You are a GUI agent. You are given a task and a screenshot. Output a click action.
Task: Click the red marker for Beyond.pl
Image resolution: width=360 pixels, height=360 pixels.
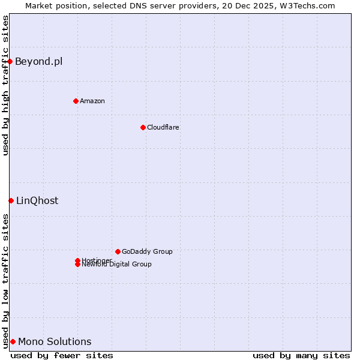pyautogui.click(x=10, y=61)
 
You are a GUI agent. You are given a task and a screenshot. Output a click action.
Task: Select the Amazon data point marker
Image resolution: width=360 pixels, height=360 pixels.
pyautogui.click(x=76, y=101)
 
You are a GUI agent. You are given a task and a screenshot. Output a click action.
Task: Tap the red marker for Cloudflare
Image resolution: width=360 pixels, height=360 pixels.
pyautogui.click(x=143, y=127)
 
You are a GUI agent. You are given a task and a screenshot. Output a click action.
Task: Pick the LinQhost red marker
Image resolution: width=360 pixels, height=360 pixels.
pyautogui.click(x=11, y=200)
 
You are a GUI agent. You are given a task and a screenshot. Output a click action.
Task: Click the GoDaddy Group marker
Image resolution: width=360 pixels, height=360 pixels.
pyautogui.click(x=118, y=251)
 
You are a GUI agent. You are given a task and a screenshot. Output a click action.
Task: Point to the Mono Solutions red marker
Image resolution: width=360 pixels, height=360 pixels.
pyautogui.click(x=13, y=341)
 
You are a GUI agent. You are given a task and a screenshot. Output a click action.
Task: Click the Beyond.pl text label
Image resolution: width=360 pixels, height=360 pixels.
pyautogui.click(x=38, y=61)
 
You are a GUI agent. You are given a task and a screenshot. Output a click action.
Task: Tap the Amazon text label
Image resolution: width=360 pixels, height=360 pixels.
pyautogui.click(x=92, y=101)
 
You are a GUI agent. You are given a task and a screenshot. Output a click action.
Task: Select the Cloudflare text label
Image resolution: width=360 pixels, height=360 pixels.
pyautogui.click(x=163, y=127)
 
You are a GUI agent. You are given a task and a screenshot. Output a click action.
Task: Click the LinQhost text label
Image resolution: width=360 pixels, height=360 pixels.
pyautogui.click(x=37, y=200)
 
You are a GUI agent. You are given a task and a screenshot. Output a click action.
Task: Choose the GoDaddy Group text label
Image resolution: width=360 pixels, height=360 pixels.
pyautogui.click(x=147, y=251)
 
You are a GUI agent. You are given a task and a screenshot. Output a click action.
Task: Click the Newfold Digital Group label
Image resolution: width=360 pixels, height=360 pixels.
pyautogui.click(x=117, y=265)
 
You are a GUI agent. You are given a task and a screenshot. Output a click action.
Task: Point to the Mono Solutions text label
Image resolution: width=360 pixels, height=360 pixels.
pyautogui.click(x=55, y=341)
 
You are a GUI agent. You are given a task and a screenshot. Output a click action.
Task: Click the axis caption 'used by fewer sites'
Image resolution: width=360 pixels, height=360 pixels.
pyautogui.click(x=62, y=355)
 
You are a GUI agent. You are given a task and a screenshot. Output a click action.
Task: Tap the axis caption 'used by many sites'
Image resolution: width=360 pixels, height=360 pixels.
pyautogui.click(x=301, y=355)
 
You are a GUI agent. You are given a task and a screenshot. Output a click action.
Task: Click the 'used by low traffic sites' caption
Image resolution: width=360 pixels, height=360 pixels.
pyautogui.click(x=5, y=280)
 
